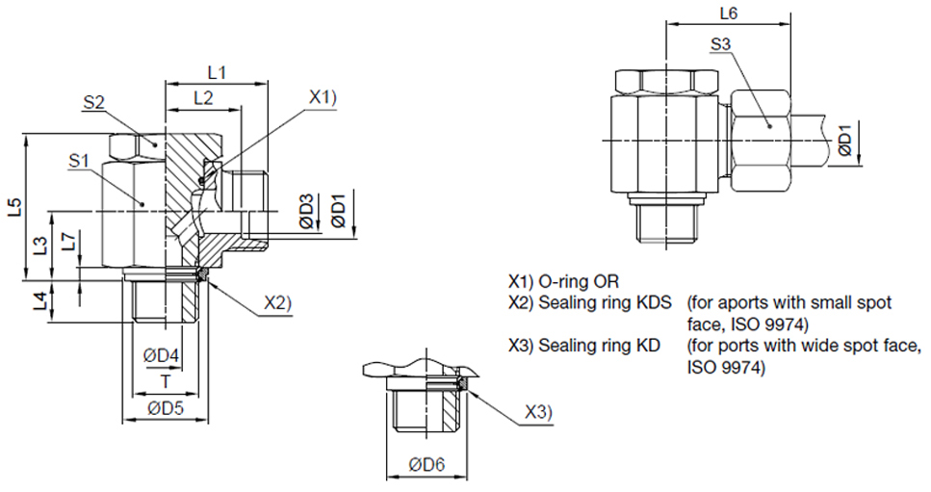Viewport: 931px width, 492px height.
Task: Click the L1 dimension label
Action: pyautogui.click(x=216, y=72)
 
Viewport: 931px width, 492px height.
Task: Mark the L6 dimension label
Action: pyautogui.click(x=729, y=13)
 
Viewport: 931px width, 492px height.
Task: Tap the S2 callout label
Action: pyautogui.click(x=93, y=103)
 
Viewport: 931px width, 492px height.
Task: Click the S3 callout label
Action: pyautogui.click(x=721, y=44)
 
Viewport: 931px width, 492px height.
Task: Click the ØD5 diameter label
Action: pyautogui.click(x=166, y=408)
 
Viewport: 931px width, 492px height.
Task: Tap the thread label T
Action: pyautogui.click(x=166, y=381)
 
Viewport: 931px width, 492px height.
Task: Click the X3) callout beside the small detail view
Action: pyautogui.click(x=539, y=412)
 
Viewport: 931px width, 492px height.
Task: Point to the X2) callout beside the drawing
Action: pyautogui.click(x=277, y=303)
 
